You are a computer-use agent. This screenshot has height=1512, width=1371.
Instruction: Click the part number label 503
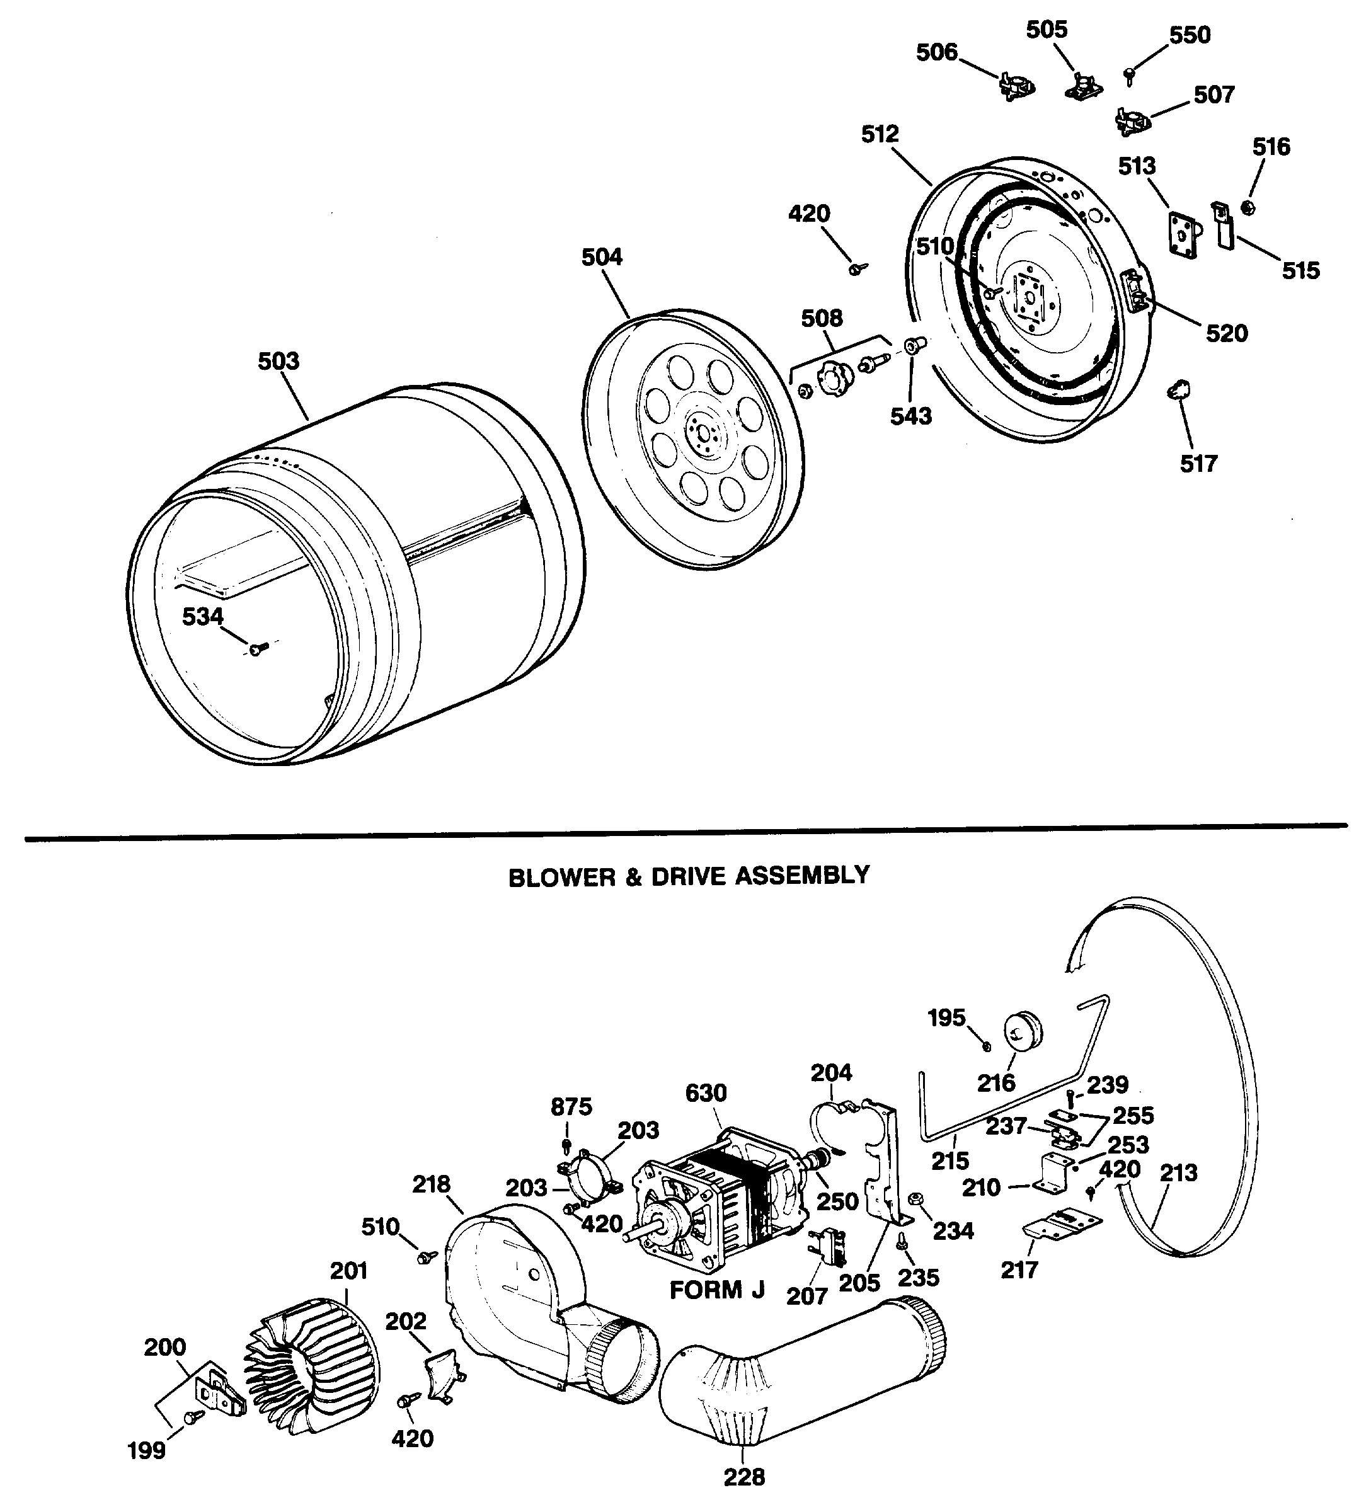click(x=278, y=362)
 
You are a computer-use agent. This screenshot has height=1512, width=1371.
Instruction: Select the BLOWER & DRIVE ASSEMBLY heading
click(x=689, y=876)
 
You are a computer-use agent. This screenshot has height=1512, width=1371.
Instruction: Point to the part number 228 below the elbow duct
click(x=744, y=1477)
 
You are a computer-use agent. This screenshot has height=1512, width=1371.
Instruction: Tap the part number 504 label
click(x=602, y=257)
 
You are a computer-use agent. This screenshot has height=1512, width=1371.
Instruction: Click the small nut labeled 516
click(x=1249, y=208)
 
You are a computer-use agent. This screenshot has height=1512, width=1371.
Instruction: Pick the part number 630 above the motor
click(x=706, y=1093)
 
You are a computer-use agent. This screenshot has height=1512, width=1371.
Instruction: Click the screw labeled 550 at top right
click(x=1130, y=74)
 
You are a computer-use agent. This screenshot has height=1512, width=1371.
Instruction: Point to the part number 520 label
click(x=1226, y=333)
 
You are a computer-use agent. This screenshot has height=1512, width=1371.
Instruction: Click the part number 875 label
click(x=571, y=1106)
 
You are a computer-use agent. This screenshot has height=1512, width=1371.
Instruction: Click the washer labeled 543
click(x=914, y=346)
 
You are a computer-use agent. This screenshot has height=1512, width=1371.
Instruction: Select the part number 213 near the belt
click(x=1178, y=1172)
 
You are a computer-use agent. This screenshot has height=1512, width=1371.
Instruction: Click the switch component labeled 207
click(x=828, y=1246)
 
